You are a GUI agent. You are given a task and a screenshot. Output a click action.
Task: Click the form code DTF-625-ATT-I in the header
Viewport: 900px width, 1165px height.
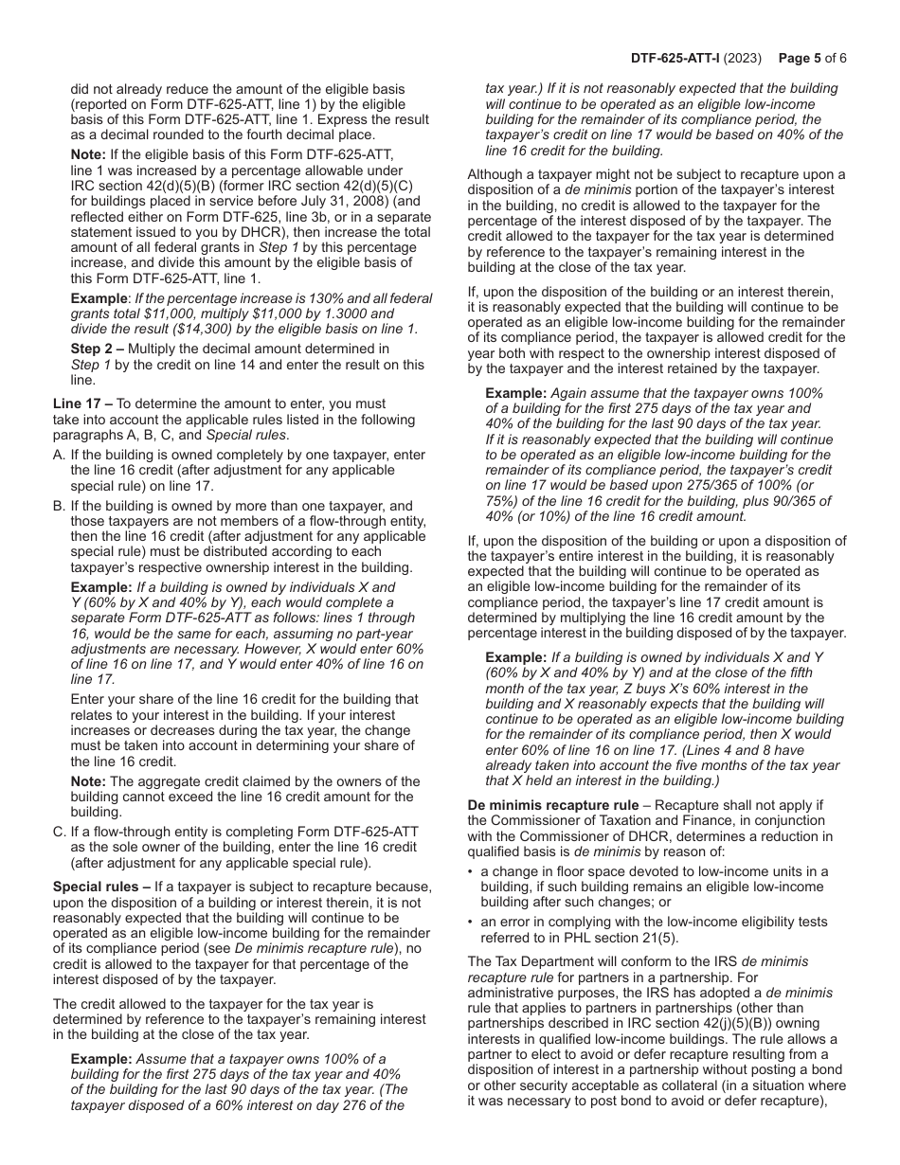pos(679,58)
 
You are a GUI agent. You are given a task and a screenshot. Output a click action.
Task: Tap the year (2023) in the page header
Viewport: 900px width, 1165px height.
pos(746,58)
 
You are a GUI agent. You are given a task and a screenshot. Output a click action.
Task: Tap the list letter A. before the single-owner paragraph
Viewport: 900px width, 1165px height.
pos(59,456)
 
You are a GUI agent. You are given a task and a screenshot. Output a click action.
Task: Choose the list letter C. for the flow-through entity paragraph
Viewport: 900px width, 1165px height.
pos(59,832)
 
